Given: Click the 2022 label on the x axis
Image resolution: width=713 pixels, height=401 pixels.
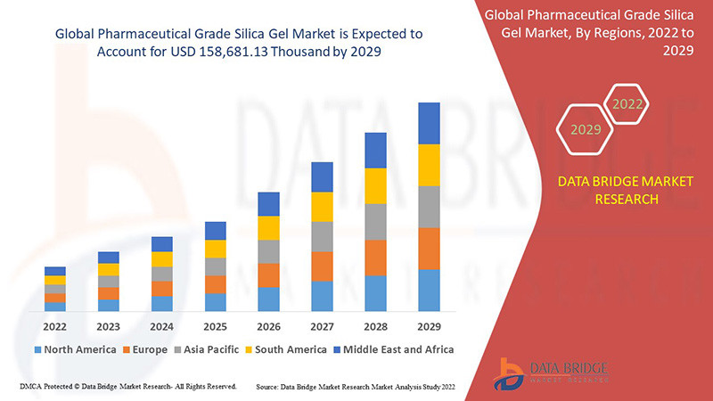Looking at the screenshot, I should coord(55,326).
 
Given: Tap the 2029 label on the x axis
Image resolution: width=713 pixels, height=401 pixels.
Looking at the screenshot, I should coord(429,326).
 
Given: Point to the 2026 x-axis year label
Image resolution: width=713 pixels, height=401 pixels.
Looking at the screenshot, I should coord(268,326).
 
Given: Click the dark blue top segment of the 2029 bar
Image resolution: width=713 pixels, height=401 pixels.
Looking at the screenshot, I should coord(429,123).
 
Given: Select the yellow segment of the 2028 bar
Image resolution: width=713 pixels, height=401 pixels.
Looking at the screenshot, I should coord(375,185).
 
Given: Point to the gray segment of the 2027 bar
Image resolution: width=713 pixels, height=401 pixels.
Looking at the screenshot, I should coord(322,236).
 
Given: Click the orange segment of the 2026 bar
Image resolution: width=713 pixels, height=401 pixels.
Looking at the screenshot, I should coord(268,275).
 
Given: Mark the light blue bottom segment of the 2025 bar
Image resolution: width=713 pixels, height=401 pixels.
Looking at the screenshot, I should coord(215,302).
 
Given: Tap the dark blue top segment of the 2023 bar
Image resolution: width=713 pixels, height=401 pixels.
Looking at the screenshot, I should coord(109,258).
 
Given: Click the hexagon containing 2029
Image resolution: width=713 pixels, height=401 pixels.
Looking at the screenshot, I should coord(586,130).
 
